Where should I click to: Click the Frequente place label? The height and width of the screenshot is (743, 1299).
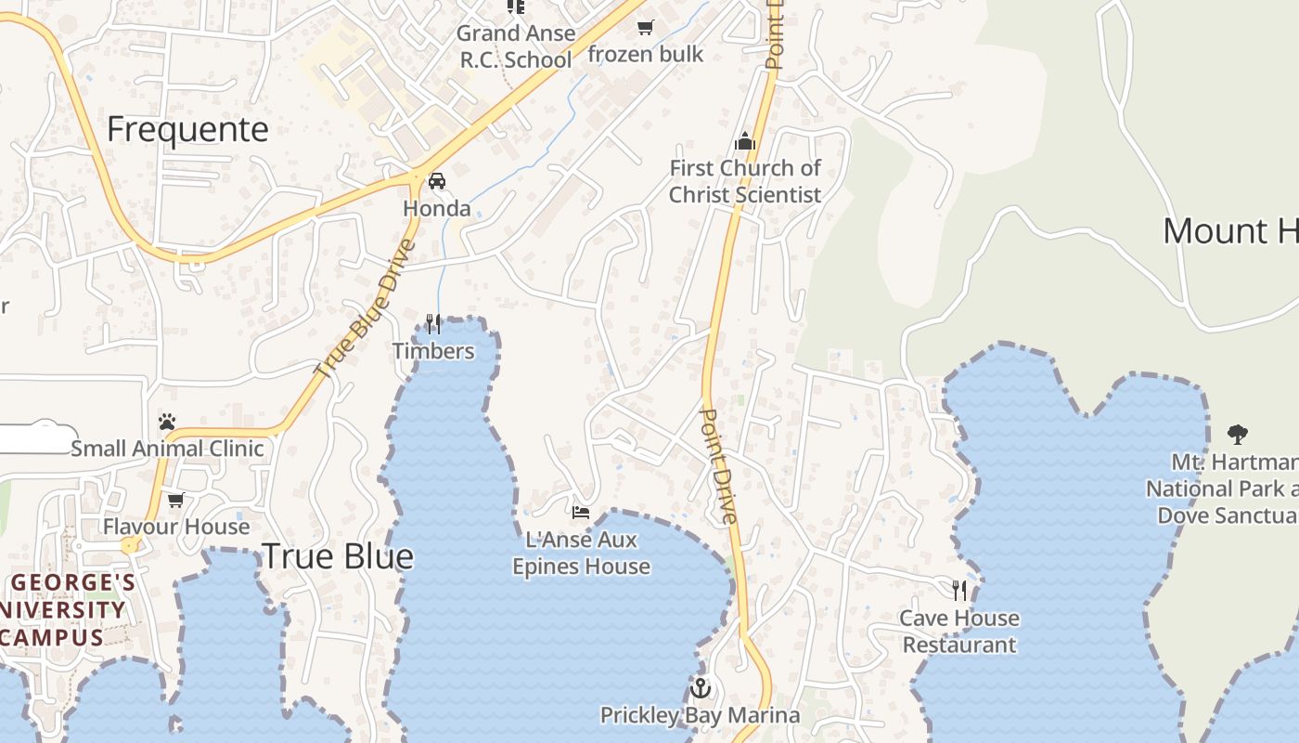coord(187,129)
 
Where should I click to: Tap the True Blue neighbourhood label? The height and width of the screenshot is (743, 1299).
coord(337,556)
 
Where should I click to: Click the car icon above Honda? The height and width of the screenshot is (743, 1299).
coord(436,181)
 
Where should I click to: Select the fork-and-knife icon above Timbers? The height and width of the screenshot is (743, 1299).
coord(433,323)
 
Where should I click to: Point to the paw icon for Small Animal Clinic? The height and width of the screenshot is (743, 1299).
coord(167,422)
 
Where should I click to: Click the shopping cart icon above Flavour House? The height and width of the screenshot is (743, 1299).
coord(175,500)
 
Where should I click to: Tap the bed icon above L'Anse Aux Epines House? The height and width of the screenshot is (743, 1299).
coord(581,512)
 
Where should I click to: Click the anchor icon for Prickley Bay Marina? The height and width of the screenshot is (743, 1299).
coord(701,688)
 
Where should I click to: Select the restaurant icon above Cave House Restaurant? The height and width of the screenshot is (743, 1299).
coord(959,590)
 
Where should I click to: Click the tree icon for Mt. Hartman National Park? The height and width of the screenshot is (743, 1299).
coord(1237,433)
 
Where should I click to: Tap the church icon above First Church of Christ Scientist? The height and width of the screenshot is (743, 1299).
coord(744,142)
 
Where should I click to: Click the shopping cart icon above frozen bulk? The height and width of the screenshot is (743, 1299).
coord(646,28)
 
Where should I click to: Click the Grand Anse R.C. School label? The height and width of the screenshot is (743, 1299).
coord(516,46)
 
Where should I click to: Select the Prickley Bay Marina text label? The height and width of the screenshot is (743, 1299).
coord(700,715)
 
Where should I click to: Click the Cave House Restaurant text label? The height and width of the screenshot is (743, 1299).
coord(959,632)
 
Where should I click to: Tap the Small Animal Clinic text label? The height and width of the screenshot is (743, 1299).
coord(167,449)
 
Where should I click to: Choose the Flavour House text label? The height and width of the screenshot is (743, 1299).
coord(176,527)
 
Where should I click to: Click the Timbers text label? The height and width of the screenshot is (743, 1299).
coord(433,351)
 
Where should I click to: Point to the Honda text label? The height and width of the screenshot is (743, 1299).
coord(436,209)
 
